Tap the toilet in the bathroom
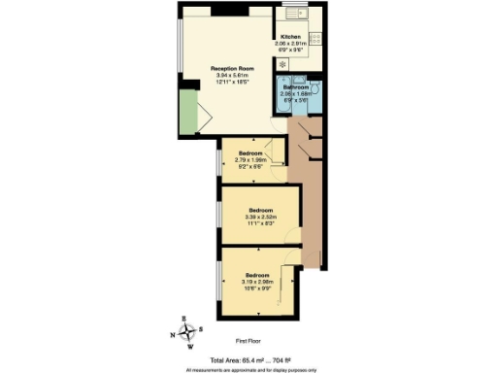(x=314, y=85)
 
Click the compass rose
(x=190, y=330)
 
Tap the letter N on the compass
(x=175, y=335)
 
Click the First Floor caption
(x=249, y=342)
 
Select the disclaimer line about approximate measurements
(x=249, y=369)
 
